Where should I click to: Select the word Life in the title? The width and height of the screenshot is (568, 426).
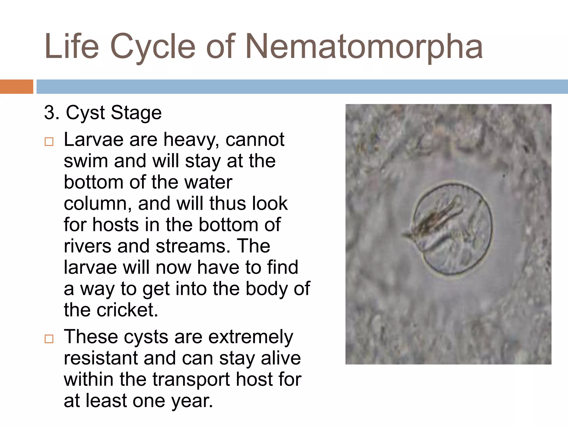[x=72, y=47]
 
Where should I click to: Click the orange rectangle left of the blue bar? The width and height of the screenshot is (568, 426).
[x=16, y=87]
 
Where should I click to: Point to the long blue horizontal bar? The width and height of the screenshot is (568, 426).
[x=302, y=87]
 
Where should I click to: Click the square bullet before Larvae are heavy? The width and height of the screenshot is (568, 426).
[x=49, y=142]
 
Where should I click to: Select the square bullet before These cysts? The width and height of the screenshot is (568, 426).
[x=49, y=339]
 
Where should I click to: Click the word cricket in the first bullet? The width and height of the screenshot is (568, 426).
[x=127, y=310]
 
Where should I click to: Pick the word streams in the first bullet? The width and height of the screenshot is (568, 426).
[x=193, y=246]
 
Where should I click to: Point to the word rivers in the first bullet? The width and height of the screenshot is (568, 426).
[x=87, y=246]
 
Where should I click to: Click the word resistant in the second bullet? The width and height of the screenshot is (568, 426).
[x=100, y=358]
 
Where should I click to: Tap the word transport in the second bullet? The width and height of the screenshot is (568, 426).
[x=191, y=380]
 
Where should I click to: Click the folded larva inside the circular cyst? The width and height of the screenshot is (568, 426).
[x=435, y=222]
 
